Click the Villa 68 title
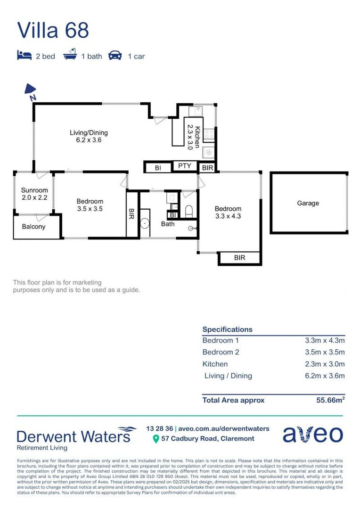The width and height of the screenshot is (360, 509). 53,30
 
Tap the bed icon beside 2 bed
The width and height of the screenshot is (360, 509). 24,56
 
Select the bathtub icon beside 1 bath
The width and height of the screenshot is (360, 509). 70,56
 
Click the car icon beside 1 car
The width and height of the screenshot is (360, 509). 115,56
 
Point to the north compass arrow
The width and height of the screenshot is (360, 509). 31,90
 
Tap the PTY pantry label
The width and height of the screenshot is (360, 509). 184,166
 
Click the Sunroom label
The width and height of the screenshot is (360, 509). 34,190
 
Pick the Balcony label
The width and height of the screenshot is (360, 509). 34,227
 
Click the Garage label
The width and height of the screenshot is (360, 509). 308,203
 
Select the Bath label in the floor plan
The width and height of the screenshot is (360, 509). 168,224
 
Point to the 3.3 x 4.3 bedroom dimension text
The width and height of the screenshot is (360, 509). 228,216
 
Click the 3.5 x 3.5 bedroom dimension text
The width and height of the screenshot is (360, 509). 90,208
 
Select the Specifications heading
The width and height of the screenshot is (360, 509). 227,329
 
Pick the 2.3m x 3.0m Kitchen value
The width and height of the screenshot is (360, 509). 325,364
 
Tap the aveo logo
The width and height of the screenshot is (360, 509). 312,434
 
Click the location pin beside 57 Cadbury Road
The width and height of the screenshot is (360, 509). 156,439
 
